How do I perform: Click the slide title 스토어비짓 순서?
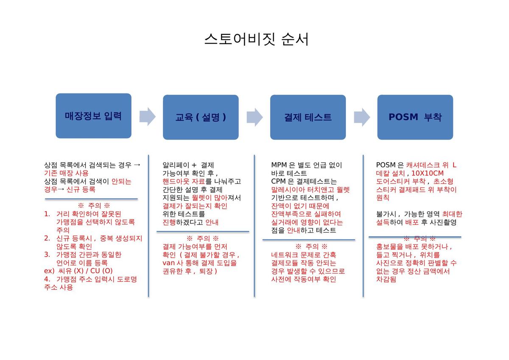click(257, 39)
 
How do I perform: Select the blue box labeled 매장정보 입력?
click(93, 116)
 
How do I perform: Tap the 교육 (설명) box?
click(201, 117)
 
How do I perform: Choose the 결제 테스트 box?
click(308, 117)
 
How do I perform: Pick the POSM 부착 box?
click(415, 117)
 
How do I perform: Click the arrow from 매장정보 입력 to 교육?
click(148, 116)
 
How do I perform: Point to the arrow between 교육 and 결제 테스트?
click(255, 117)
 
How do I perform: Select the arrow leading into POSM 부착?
click(362, 117)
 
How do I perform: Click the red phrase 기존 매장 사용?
click(66, 173)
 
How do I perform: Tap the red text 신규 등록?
click(81, 189)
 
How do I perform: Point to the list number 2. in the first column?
click(47, 238)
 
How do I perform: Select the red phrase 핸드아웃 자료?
click(184, 181)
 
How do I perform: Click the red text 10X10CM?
click(428, 173)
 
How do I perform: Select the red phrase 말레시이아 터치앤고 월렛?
click(310, 190)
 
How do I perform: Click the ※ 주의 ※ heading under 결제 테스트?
click(311, 247)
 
